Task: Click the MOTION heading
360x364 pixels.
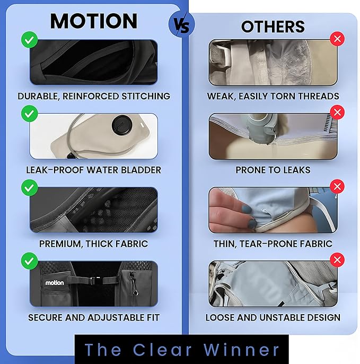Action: click(x=94, y=21)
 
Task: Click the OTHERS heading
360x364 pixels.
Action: click(x=273, y=27)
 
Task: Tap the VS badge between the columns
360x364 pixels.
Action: click(x=182, y=24)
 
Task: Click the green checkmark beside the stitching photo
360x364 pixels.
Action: click(x=30, y=40)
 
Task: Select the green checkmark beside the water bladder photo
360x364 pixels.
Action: click(x=30, y=114)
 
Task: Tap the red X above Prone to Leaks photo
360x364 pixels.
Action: click(x=337, y=112)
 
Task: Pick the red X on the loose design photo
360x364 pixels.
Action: click(x=337, y=260)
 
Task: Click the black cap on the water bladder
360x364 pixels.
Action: click(x=122, y=125)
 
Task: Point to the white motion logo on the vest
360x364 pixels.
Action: click(x=55, y=283)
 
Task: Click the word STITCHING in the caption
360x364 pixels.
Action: click(x=146, y=96)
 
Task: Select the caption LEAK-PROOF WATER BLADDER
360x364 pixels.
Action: click(x=93, y=170)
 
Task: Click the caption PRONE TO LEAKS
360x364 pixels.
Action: click(x=273, y=170)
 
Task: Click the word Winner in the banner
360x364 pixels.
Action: click(x=241, y=349)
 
